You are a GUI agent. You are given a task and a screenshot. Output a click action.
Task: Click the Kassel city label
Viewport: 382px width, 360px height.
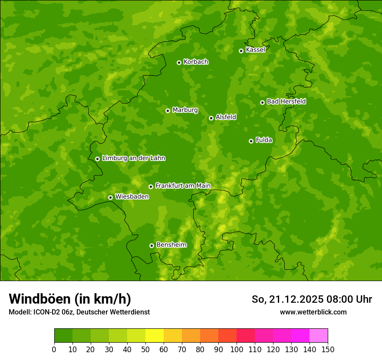tap(255, 50)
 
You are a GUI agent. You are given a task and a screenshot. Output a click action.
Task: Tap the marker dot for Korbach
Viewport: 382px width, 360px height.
tap(179, 62)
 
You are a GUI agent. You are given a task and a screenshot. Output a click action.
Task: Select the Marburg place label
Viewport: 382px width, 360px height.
tap(185, 110)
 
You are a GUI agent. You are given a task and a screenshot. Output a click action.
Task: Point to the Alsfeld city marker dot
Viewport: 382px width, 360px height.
tap(211, 118)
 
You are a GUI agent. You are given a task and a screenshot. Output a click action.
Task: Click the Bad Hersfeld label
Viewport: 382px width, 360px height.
tap(286, 101)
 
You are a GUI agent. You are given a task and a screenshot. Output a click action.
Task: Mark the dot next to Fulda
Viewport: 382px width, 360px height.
tap(251, 141)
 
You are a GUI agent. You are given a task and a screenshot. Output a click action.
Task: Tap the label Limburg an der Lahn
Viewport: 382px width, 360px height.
tap(133, 158)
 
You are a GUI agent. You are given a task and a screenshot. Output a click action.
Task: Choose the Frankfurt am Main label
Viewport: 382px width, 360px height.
tap(183, 186)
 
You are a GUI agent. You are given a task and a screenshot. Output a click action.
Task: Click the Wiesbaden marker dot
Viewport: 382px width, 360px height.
tap(110, 197)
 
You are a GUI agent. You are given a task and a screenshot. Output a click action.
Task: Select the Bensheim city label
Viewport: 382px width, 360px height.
tap(171, 245)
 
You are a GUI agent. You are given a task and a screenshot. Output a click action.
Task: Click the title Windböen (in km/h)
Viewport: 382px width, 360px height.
tap(70, 299)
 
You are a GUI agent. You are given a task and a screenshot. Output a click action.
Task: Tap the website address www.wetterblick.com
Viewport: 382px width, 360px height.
tap(313, 312)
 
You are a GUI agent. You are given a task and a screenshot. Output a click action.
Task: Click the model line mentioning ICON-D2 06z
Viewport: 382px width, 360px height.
tap(79, 312)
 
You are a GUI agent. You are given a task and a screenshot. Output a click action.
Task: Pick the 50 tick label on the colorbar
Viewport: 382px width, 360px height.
tap(145, 349)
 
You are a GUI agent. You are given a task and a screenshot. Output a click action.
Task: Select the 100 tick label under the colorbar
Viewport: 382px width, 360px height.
tap(237, 349)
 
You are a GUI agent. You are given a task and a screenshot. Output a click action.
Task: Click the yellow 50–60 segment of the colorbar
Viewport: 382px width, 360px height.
tap(155, 336)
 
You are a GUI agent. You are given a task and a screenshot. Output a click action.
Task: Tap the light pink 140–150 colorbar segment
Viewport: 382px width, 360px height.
tap(319, 336)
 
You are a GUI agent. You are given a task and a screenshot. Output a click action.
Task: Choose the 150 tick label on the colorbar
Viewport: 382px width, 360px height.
tap(328, 349)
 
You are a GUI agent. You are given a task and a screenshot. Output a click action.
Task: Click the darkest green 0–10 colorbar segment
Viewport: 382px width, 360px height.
tap(63, 336)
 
